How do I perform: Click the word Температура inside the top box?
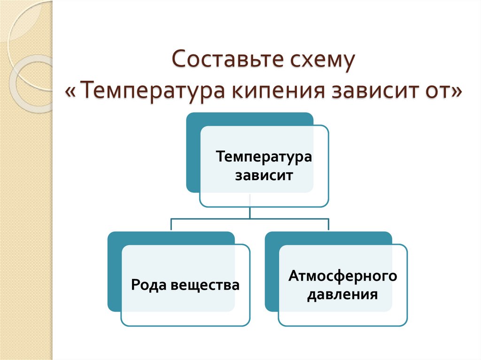(264, 156)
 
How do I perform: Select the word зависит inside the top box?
(264, 176)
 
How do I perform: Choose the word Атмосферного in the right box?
(343, 276)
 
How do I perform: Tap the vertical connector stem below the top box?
(250, 212)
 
